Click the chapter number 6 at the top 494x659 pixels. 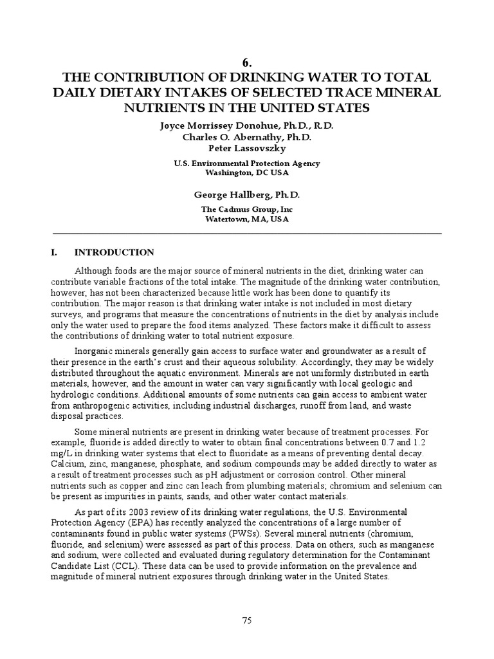point(246,62)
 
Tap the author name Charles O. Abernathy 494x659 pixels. point(246,136)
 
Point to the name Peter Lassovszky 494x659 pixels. point(246,148)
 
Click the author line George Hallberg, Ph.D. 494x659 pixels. point(246,194)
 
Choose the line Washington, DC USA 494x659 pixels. point(246,172)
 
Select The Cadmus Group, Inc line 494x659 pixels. point(246,209)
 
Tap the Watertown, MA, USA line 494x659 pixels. point(246,219)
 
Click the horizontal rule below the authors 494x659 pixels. point(246,233)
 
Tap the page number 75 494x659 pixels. point(246,620)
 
